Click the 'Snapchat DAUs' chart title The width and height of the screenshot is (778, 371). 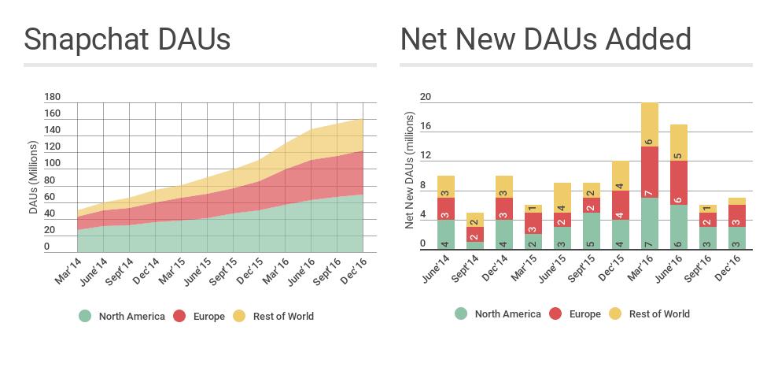(x=127, y=39)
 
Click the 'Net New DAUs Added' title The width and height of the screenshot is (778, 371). (x=545, y=39)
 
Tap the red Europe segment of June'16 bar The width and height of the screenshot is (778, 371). (x=679, y=183)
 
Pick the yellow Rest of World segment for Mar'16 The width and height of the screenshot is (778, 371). (x=649, y=124)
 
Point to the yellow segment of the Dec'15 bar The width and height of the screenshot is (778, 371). (x=620, y=176)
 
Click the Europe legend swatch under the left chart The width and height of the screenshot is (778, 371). (x=179, y=316)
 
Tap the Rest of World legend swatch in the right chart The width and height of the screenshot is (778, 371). (x=614, y=313)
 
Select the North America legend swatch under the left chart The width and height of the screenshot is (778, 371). (x=85, y=316)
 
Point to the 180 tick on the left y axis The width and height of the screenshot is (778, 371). (x=53, y=97)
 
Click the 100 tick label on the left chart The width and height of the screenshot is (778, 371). (x=53, y=163)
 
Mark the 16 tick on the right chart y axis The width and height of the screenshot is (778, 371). (x=426, y=126)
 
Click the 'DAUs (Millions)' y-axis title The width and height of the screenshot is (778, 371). (x=33, y=177)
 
